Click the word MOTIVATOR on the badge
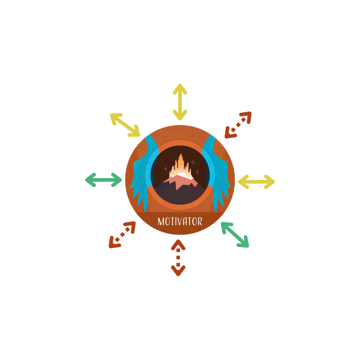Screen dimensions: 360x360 coord(180,221)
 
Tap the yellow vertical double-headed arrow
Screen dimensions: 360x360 coord(180,102)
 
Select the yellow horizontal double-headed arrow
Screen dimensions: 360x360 coord(256,181)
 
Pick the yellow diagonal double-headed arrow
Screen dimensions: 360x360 coord(125,125)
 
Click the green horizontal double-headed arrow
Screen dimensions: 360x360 coord(103,180)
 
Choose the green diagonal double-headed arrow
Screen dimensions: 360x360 coord(235,235)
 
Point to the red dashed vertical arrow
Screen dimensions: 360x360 coord(178,258)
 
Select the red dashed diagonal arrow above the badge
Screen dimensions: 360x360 coord(238,125)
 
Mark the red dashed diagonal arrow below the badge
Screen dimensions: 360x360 coord(122,235)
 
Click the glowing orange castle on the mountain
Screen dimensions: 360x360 coord(181,166)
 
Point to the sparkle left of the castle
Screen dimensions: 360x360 coord(165,169)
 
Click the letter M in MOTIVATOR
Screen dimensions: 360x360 coord(161,221)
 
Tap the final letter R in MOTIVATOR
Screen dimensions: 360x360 coord(200,221)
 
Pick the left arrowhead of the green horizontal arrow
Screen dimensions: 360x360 coord(90,180)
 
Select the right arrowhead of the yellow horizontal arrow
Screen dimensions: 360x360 coord(270,181)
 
